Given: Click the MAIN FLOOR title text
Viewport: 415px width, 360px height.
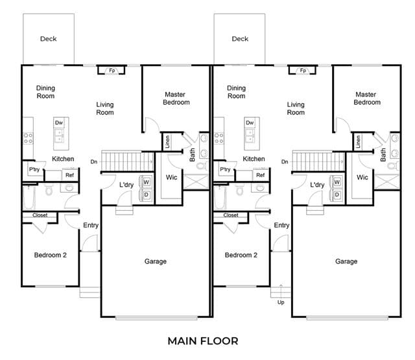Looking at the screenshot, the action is tap(203, 341).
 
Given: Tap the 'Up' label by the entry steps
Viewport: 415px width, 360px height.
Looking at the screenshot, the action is tap(281, 302).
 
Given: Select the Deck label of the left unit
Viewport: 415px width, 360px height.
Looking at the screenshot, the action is tap(48, 39).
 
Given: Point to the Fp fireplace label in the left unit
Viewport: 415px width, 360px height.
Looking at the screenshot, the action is tap(112, 71).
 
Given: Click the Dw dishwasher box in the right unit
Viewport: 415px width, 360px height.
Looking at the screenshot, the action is tap(250, 123).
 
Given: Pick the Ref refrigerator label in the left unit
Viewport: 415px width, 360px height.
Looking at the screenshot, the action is tap(69, 175).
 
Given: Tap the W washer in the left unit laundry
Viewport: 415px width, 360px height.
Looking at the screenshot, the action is tap(147, 182).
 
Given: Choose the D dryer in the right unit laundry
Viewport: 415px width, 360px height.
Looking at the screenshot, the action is tap(337, 195).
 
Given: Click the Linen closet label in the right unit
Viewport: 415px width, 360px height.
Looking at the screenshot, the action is tap(358, 141).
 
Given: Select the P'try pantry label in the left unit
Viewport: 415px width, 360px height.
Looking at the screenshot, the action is tap(34, 169).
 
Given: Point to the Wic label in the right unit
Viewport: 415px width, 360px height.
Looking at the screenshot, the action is tap(362, 177).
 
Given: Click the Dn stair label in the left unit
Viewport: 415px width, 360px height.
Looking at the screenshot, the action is tap(94, 162).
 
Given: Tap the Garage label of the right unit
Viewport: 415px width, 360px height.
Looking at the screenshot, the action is tap(346, 261).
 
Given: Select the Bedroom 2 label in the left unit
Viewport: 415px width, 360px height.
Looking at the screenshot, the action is tap(51, 255).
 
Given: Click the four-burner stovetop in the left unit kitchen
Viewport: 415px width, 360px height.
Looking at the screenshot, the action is tap(28, 138).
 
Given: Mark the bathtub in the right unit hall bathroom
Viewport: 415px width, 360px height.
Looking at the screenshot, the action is tap(220, 197).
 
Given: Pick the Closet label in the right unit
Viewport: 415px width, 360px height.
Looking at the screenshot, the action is tap(231, 215).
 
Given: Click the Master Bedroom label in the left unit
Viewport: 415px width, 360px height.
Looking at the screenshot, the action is tap(176, 98).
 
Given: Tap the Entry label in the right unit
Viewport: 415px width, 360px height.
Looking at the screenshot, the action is tap(281, 225).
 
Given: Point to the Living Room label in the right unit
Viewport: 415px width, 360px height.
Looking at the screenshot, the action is tap(296, 108).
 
